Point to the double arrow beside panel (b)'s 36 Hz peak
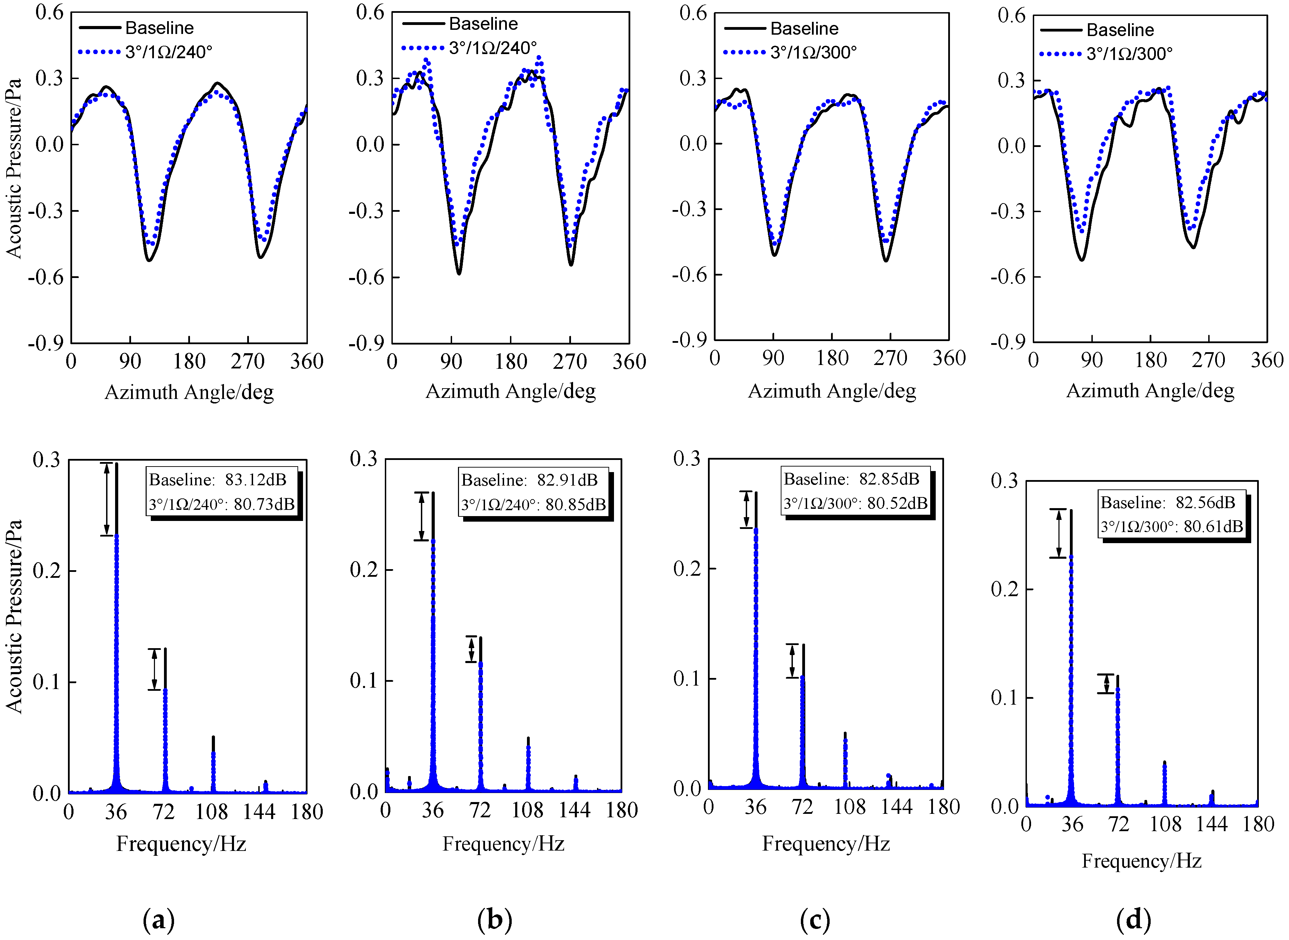pos(421,516)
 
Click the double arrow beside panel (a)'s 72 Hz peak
pos(154,669)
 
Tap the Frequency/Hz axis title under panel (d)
pos(1141,861)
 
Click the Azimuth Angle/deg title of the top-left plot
pos(189,392)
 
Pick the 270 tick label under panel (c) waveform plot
pos(890,358)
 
